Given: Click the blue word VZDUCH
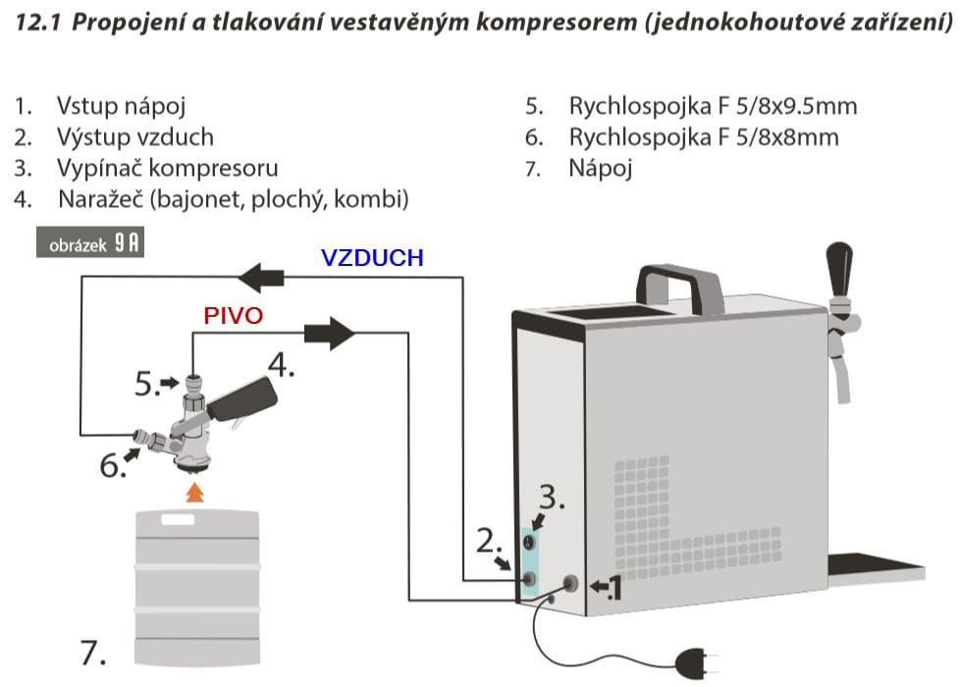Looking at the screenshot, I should pos(372,258).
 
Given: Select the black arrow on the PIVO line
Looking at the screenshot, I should pos(329,333).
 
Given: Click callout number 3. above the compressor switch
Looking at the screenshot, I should pos(553,499).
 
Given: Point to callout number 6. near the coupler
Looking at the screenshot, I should pos(113,465).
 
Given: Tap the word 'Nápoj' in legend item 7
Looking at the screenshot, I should pos(601,168).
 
